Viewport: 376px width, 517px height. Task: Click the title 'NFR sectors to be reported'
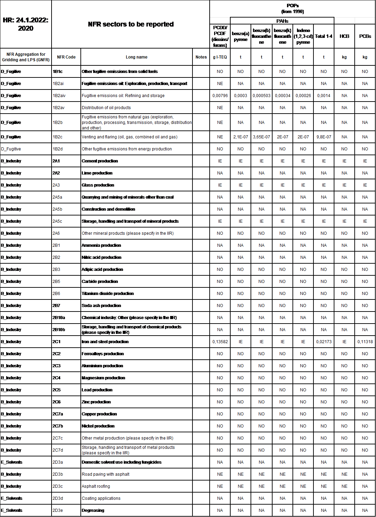pos(131,24)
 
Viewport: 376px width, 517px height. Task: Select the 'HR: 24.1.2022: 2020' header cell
pos(26,24)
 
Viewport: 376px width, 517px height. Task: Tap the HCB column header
pos(344,36)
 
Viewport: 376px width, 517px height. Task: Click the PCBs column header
pos(365,36)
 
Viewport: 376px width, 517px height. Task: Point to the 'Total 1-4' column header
pos(324,36)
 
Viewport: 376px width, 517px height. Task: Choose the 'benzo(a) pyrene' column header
pos(241,36)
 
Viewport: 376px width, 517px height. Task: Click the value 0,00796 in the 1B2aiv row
pos(220,96)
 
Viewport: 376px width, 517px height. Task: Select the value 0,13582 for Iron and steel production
pos(220,342)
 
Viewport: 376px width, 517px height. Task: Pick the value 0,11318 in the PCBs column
pos(365,342)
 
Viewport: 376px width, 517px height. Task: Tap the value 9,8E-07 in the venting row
pos(324,137)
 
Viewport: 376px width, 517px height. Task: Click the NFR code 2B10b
pos(59,330)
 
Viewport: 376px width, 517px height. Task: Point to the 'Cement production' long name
pos(100,161)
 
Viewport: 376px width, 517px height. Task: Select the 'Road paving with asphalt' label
pos(106,474)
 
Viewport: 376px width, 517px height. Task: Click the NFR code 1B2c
pos(57,137)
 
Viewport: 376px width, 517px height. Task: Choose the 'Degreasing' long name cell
pos(93,510)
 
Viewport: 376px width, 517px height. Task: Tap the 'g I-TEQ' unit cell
pos(220,57)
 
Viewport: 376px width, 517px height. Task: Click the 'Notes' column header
pos(201,57)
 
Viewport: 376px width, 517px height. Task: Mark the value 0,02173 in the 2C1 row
pos(324,342)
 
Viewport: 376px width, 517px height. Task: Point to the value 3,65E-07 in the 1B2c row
pos(262,137)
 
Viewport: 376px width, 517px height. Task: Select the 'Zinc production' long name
pos(96,402)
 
